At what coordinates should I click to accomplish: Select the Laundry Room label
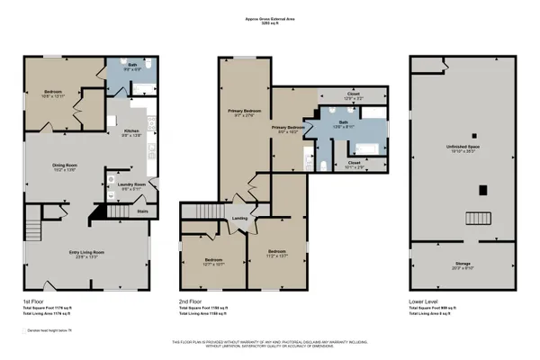122,185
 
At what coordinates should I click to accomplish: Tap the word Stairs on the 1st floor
141,212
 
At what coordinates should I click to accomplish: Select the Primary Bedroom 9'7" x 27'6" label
243,112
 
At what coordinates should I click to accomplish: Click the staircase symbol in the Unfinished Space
473,218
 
